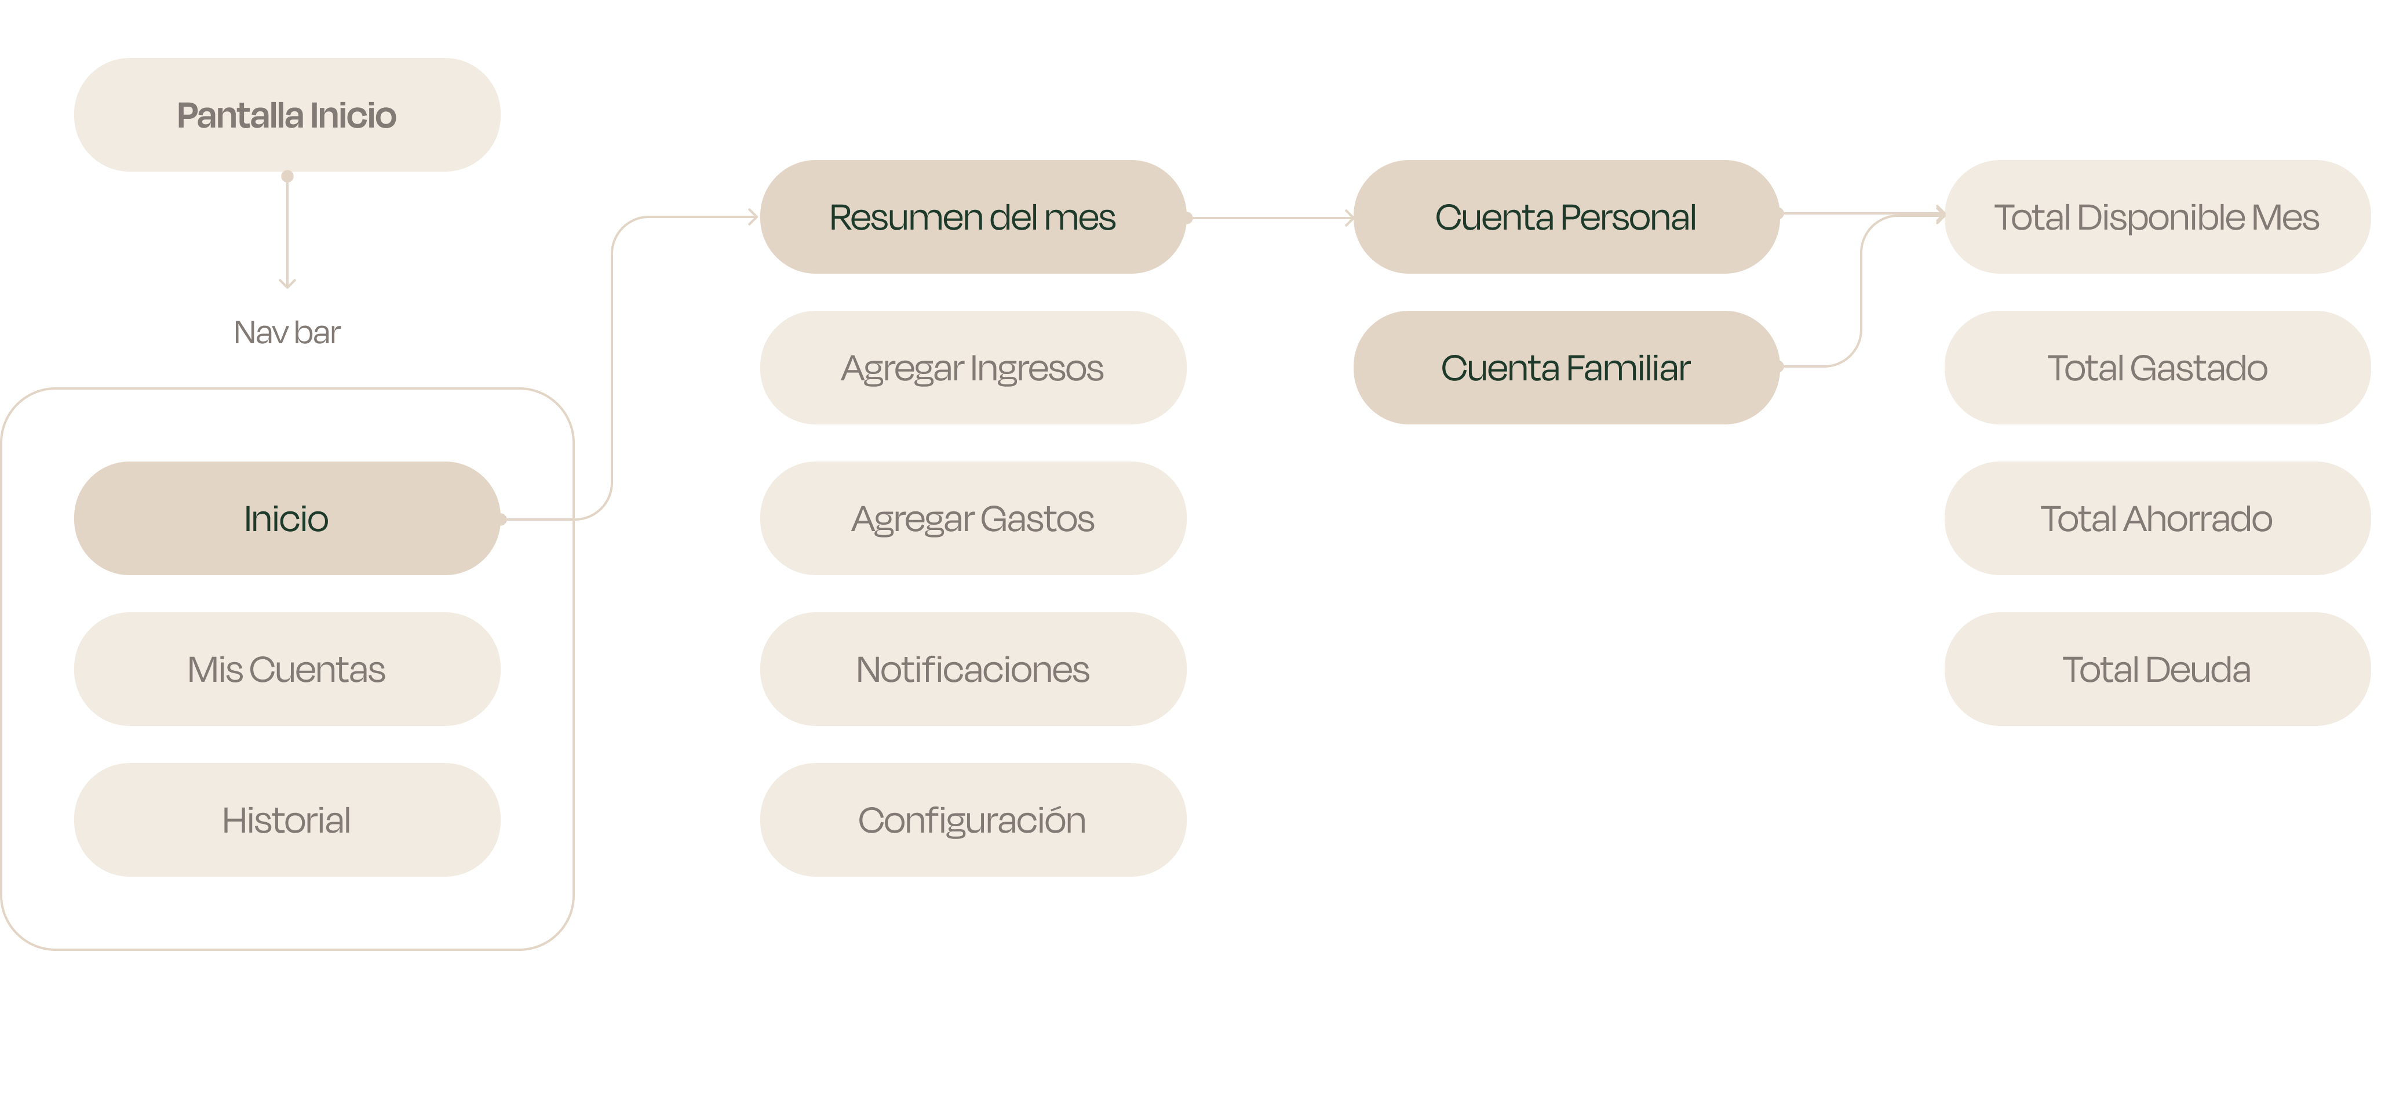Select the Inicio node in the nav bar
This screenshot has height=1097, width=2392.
287,518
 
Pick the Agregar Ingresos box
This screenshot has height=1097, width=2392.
972,368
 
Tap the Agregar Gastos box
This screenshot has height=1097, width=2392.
972,518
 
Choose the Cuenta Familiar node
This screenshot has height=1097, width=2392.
1566,368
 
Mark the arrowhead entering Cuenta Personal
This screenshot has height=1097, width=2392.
1348,218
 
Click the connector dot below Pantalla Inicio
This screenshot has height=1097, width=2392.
287,176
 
